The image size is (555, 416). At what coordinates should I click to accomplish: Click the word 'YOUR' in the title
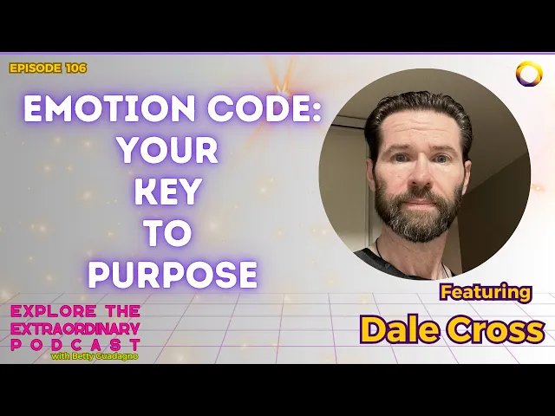tap(168, 151)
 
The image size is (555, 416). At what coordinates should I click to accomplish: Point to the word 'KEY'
tap(168, 192)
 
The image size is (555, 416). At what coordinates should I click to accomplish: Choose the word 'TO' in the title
tap(169, 233)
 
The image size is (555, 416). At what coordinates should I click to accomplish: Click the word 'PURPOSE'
tap(173, 275)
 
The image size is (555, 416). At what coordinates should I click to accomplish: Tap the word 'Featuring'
tap(486, 292)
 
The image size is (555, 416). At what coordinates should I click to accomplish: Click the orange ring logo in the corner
tap(529, 74)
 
